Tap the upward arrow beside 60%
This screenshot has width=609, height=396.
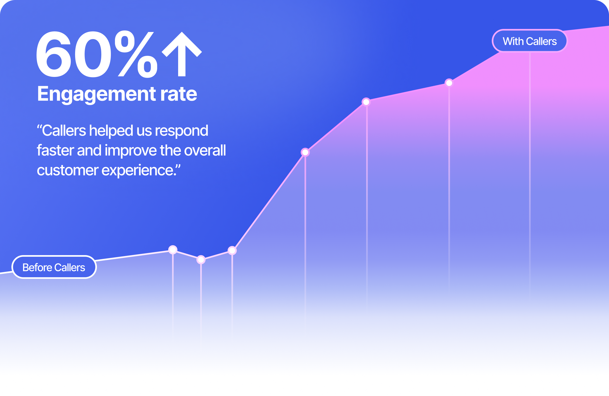(182, 54)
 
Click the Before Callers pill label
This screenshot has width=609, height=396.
(54, 268)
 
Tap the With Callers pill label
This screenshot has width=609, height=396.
(529, 41)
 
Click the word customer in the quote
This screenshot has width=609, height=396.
(67, 171)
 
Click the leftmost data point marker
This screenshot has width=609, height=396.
(173, 249)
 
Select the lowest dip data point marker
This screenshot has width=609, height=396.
(201, 260)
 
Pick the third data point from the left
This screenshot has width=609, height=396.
(232, 250)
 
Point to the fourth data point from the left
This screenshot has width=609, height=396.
(305, 153)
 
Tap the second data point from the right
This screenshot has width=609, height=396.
(366, 102)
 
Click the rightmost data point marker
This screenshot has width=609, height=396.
(449, 83)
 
